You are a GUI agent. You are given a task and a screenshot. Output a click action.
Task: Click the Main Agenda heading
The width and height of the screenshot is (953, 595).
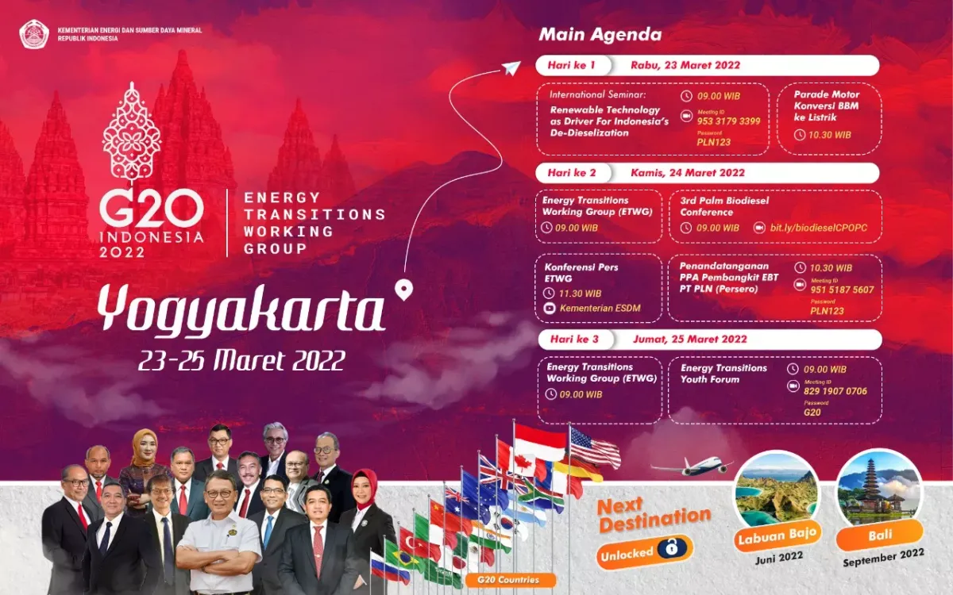[x=600, y=35]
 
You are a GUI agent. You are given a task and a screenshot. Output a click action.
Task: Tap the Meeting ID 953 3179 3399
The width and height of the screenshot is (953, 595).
[x=728, y=121]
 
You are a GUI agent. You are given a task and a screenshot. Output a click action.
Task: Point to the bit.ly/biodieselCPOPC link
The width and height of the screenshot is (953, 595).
[x=818, y=228]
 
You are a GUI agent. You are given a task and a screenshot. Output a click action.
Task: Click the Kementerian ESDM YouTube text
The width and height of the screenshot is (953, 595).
[x=600, y=309]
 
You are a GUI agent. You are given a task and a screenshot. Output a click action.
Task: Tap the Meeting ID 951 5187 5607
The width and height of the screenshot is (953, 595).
[x=842, y=290]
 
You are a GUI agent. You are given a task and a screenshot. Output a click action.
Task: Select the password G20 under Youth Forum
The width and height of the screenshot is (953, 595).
[x=812, y=412]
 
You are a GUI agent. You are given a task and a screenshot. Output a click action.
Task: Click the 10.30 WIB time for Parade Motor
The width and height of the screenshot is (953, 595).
[x=831, y=135]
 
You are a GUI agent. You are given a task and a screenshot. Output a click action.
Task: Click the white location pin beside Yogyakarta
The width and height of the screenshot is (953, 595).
[x=404, y=290]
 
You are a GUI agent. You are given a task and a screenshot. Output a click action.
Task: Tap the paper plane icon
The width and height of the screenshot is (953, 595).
[x=511, y=69]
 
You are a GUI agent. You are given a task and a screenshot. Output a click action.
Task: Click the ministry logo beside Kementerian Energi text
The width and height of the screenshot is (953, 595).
[x=35, y=34]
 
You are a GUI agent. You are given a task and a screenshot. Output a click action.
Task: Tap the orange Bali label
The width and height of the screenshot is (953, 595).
[x=879, y=535]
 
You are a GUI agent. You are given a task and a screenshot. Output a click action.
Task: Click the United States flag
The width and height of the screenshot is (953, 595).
[x=595, y=449]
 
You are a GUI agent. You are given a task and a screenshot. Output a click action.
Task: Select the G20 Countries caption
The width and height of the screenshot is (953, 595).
[x=503, y=580]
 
